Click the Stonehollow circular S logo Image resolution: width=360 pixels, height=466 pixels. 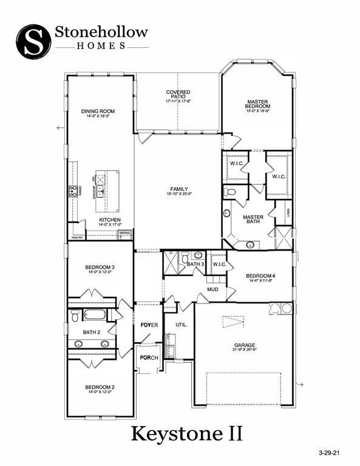point(33,39)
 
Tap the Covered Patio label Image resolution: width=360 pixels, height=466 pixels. point(178,96)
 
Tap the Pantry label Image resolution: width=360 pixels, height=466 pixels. point(77,238)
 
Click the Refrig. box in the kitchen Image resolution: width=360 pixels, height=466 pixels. point(125,233)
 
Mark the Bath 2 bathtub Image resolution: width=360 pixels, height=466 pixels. point(94,314)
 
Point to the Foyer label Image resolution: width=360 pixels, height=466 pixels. point(149,325)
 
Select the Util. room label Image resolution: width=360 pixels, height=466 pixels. point(181,325)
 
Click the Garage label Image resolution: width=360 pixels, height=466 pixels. point(245,346)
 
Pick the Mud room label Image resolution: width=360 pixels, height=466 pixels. point(212,289)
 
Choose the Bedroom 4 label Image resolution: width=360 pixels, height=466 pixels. point(262,278)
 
